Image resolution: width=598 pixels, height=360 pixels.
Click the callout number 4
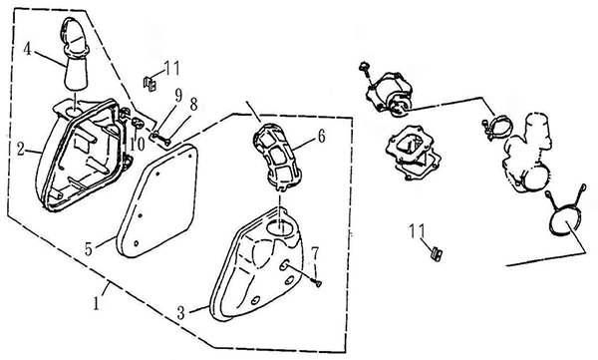pos(27,50)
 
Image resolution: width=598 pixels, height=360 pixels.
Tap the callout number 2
pos(21,149)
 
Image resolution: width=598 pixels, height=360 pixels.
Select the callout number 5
pos(89,249)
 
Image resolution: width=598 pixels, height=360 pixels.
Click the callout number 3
pos(181,313)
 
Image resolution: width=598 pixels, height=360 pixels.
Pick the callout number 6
pos(322,137)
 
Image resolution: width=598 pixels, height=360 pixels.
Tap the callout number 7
pos(314,253)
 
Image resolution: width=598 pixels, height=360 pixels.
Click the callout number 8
pos(193,105)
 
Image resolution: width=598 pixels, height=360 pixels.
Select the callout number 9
pos(178,95)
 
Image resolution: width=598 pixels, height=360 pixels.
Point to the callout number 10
pos(137,145)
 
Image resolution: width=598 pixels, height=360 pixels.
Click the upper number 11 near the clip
pos(172,69)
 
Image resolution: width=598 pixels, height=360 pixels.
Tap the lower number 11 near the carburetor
pos(417,230)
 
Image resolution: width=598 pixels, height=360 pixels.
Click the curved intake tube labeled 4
pos(75,54)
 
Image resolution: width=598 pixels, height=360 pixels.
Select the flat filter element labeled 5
pos(157,201)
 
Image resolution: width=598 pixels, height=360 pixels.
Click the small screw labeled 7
pos(317,283)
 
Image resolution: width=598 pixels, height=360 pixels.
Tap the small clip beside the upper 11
pos(149,84)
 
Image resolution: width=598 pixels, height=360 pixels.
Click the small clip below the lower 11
pos(436,254)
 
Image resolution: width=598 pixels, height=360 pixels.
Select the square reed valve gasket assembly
pos(413,154)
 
